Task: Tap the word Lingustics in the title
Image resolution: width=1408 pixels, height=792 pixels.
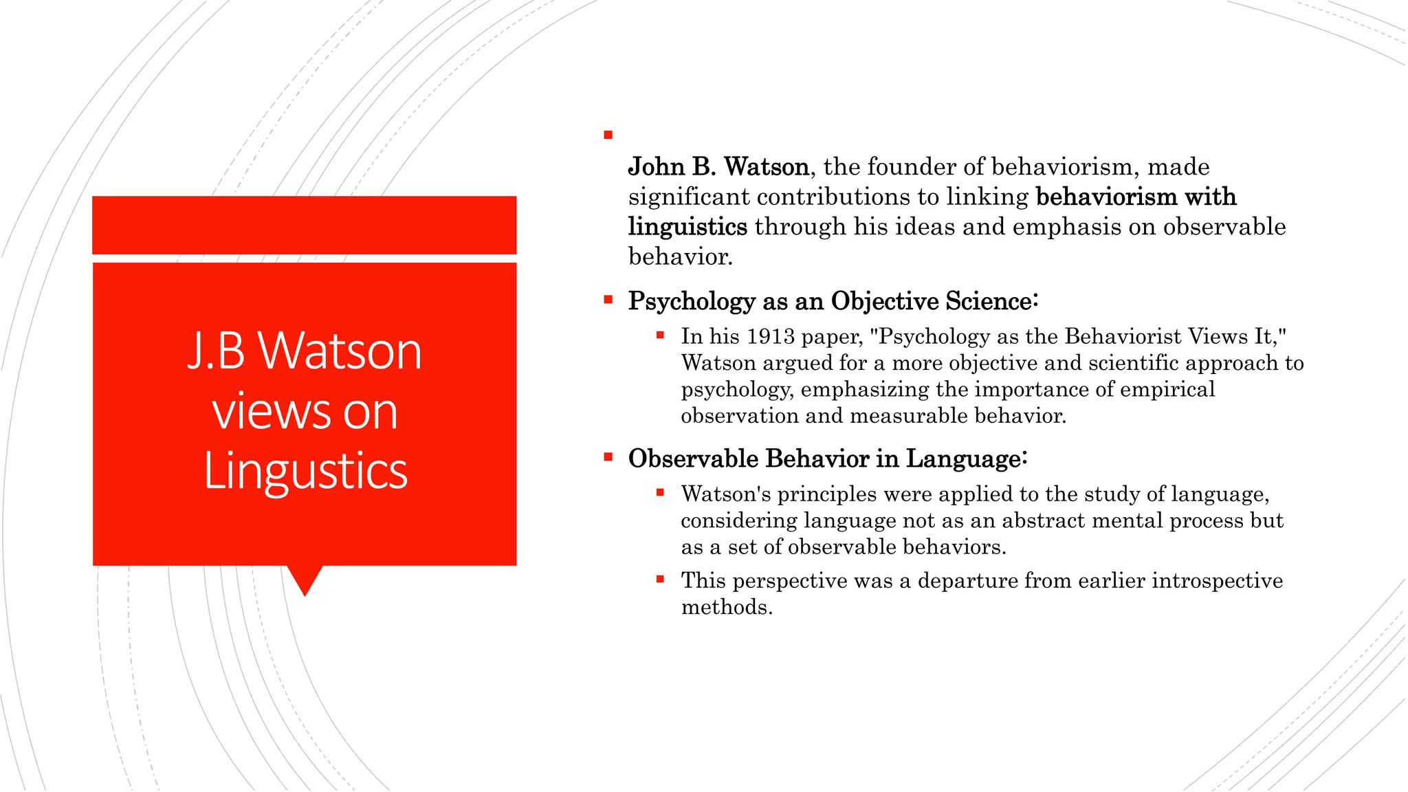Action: tap(305, 472)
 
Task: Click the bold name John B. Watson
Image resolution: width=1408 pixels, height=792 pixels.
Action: tap(718, 167)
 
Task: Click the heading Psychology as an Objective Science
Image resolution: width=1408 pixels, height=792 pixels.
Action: tap(833, 301)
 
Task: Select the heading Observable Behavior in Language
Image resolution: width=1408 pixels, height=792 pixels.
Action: tap(827, 459)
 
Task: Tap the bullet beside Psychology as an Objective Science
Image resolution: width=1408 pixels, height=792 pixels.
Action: tap(608, 300)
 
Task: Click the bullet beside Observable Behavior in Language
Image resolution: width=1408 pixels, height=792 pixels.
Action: tap(608, 456)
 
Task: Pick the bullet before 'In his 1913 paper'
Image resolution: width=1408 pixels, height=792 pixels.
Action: tap(660, 335)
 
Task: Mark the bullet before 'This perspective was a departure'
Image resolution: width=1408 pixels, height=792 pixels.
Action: tap(660, 580)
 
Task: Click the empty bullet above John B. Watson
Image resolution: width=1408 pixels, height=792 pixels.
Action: tap(608, 135)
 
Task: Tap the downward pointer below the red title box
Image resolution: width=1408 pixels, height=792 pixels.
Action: tap(305, 580)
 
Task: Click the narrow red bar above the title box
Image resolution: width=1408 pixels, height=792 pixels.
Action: tap(304, 225)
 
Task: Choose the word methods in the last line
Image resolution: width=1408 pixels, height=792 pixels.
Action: tap(726, 607)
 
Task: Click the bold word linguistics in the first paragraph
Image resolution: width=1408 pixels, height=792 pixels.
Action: tap(687, 227)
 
